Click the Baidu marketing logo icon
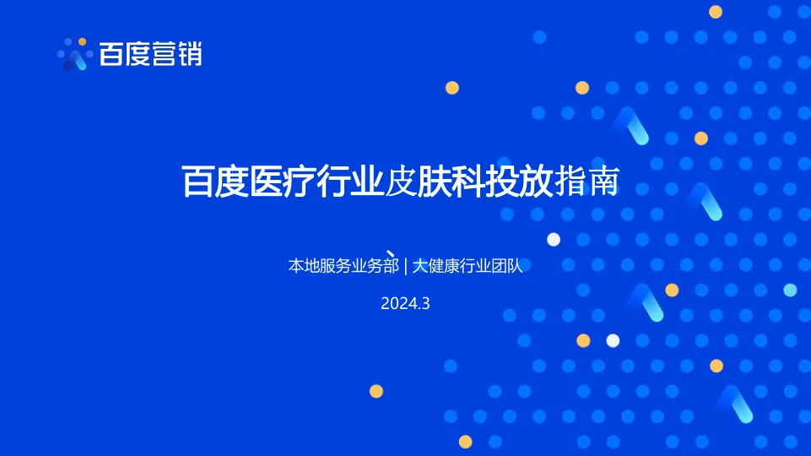[x=75, y=55]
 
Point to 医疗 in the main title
[x=282, y=182]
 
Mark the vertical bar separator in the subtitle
[x=406, y=266]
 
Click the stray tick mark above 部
[x=392, y=252]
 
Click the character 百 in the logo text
[x=112, y=54]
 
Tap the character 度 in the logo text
[x=138, y=54]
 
